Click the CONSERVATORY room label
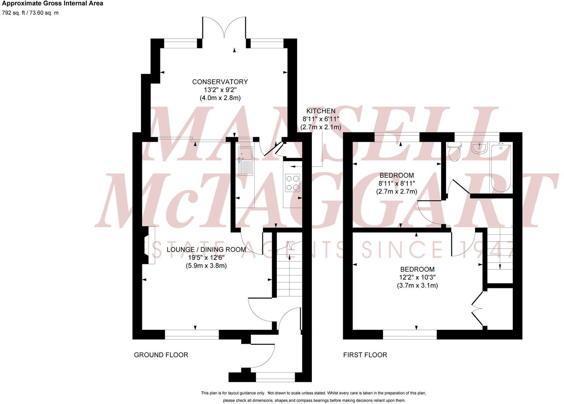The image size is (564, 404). tap(220, 82)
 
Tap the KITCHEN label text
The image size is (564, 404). tap(321, 111)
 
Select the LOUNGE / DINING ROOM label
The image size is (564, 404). tap(206, 250)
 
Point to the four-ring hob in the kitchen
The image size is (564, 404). tap(293, 183)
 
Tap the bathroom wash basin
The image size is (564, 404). tap(480, 148)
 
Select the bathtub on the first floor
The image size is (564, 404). tap(501, 168)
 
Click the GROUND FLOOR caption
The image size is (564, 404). tap(161, 355)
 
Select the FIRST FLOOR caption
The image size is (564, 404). tap(365, 355)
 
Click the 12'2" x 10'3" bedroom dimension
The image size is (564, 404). tap(417, 278)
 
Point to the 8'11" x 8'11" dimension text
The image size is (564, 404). tap(397, 184)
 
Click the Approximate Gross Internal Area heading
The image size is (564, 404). tap(52, 4)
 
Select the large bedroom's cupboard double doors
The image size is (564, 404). tap(476, 308)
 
